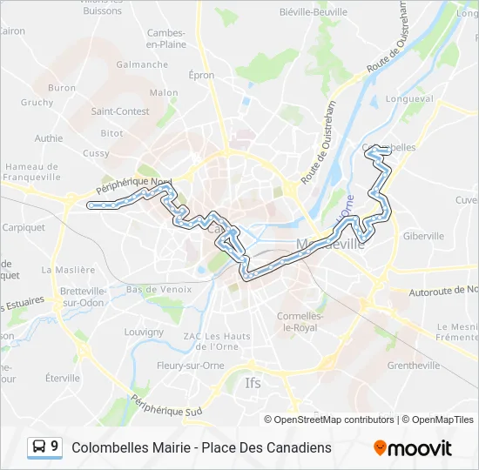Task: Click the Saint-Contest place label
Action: point(120,111)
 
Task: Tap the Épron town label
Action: point(201,75)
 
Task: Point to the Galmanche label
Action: point(142,64)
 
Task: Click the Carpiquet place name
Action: point(24,227)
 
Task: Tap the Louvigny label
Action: point(144,332)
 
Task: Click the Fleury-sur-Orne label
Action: point(191,365)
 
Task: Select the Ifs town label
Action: point(253,382)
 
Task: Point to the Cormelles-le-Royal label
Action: point(300,321)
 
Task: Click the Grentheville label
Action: point(413,366)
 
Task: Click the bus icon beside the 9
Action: point(39,446)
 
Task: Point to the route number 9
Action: point(55,446)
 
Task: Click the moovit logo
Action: point(413,447)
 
